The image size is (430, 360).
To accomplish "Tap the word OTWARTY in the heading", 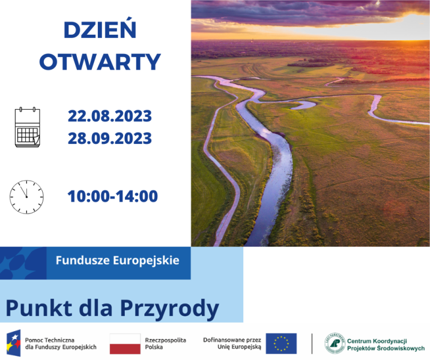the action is click(100, 62).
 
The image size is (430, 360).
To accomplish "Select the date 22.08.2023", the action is click(110, 116).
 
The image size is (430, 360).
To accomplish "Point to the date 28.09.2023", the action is click(110, 138).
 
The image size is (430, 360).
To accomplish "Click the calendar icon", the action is click(28, 127).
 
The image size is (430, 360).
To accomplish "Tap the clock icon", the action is click(26, 197).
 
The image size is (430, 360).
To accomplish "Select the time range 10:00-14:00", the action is click(113, 196).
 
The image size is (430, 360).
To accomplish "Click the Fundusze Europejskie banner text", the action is click(117, 260).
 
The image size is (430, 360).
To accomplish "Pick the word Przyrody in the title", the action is click(169, 309).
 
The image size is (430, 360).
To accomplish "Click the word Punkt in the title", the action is click(39, 308).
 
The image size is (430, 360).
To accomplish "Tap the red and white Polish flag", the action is click(125, 344).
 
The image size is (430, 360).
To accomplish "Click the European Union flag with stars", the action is click(281, 344).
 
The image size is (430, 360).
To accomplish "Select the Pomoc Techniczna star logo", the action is click(14, 343).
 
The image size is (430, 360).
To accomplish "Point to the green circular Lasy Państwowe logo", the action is click(335, 343).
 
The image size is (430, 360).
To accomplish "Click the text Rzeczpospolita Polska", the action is click(165, 344).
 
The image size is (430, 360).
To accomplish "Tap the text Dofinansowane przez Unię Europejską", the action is click(232, 344).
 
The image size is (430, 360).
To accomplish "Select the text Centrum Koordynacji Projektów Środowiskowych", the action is click(386, 344).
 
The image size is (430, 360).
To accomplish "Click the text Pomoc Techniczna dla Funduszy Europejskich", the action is click(61, 344).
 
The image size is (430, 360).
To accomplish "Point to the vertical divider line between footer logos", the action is click(312, 344).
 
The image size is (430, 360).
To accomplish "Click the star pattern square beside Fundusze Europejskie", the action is click(23, 263).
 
